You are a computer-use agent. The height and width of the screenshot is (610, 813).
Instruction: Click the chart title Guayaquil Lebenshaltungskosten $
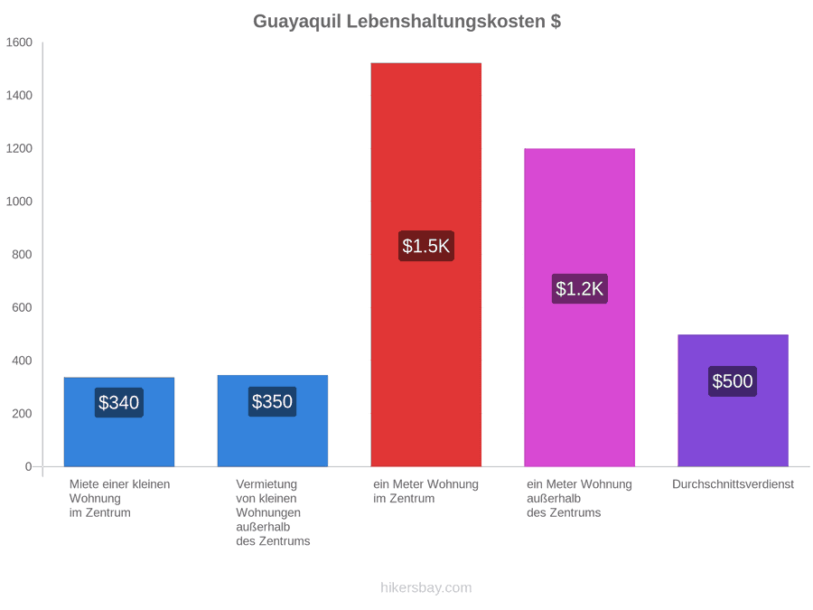click(406, 22)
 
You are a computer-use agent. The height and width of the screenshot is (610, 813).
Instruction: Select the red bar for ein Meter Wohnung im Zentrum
click(426, 265)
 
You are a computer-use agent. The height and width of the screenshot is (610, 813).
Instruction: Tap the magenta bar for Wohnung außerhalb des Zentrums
click(580, 307)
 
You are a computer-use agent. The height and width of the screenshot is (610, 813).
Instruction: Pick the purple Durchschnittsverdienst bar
click(734, 400)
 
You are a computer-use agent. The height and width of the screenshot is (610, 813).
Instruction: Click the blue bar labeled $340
click(119, 422)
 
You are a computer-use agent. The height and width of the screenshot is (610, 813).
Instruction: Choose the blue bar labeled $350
click(273, 420)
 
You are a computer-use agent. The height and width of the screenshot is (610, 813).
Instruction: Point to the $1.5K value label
click(426, 246)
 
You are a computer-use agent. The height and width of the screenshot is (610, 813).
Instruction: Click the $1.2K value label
click(580, 288)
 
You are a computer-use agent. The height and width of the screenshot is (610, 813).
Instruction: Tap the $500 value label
click(733, 381)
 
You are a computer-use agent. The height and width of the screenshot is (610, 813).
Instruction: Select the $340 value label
click(118, 402)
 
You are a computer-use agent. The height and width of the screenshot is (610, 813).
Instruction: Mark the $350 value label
click(272, 401)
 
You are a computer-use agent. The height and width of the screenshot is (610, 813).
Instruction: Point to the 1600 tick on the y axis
click(19, 42)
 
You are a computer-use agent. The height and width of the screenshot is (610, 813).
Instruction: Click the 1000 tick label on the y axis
click(19, 202)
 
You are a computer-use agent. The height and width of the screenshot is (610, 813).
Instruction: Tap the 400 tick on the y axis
click(22, 361)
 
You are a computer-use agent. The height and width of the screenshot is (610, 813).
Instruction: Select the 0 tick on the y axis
click(29, 466)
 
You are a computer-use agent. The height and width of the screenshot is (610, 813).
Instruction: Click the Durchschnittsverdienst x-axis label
click(734, 484)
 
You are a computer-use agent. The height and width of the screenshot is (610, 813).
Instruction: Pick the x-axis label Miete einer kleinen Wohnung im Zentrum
click(120, 499)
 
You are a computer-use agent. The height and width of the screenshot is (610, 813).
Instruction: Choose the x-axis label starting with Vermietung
click(273, 512)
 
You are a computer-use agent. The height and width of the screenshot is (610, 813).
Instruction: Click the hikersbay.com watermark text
click(426, 587)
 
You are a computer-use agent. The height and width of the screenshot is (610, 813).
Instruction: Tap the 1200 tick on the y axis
click(19, 148)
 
